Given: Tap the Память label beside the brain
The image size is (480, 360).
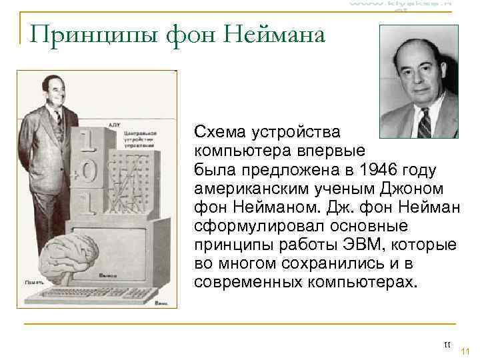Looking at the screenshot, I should (x=32, y=283).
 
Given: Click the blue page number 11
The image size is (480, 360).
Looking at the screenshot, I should (x=465, y=352).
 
